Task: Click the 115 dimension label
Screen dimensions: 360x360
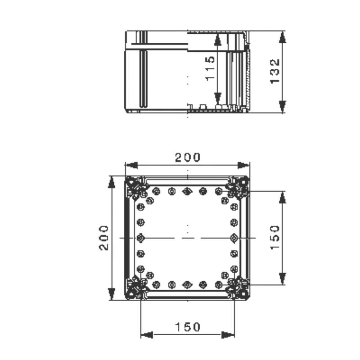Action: click(211, 68)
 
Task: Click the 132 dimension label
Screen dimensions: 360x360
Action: click(275, 71)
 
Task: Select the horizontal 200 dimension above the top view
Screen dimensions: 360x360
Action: click(188, 157)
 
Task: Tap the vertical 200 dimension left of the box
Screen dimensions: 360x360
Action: click(104, 238)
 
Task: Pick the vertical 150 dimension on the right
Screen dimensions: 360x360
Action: click(275, 238)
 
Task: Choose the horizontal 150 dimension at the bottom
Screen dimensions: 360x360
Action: click(188, 327)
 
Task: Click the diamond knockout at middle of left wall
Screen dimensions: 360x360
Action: click(140, 238)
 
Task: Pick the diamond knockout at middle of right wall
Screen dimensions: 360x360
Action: click(234, 238)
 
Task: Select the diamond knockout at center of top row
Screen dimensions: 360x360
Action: click(187, 191)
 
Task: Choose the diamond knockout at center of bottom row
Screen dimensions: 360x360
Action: click(187, 284)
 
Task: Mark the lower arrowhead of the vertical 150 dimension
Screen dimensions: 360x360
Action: click(282, 279)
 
